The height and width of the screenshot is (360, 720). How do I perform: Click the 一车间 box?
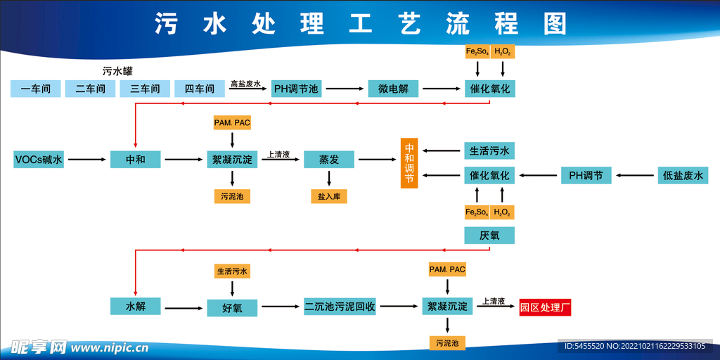(36, 89)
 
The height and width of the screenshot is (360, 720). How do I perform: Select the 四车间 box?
(200, 89)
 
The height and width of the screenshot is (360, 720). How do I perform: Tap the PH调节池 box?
(296, 89)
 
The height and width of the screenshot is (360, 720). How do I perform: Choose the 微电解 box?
(393, 89)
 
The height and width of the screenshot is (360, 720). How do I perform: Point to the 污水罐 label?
(117, 71)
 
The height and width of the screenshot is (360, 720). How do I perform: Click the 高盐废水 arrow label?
(245, 84)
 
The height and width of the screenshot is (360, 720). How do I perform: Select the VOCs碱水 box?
(39, 160)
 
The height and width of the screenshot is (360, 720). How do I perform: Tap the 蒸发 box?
(329, 160)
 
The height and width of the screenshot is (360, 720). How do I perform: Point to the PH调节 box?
(586, 176)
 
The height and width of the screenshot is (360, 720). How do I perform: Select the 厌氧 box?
(489, 236)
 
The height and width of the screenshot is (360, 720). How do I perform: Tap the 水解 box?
(136, 307)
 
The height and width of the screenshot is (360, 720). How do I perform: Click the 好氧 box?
(232, 307)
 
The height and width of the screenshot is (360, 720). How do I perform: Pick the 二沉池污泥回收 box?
(340, 307)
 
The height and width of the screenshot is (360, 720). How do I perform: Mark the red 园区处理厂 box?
(545, 307)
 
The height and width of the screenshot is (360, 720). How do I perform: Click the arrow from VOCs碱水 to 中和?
(87, 160)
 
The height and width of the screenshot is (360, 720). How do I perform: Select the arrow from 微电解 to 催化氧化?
(442, 89)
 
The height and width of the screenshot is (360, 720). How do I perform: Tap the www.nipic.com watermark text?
(109, 347)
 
